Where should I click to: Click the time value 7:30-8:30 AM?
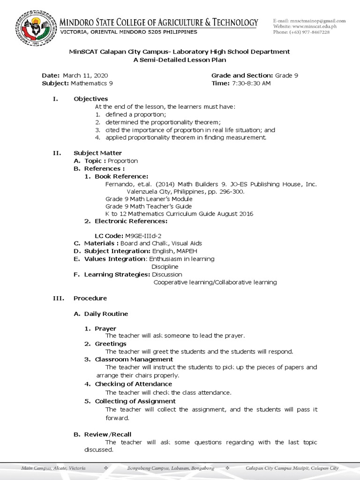251,83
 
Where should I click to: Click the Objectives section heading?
90,99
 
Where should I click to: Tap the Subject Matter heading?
97,153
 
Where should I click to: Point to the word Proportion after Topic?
123,161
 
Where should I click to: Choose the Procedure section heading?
90,298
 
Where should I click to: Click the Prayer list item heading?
105,329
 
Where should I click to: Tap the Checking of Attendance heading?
134,384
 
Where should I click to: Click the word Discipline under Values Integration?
165,267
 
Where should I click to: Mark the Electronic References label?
131,221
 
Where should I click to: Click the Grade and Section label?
242,75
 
